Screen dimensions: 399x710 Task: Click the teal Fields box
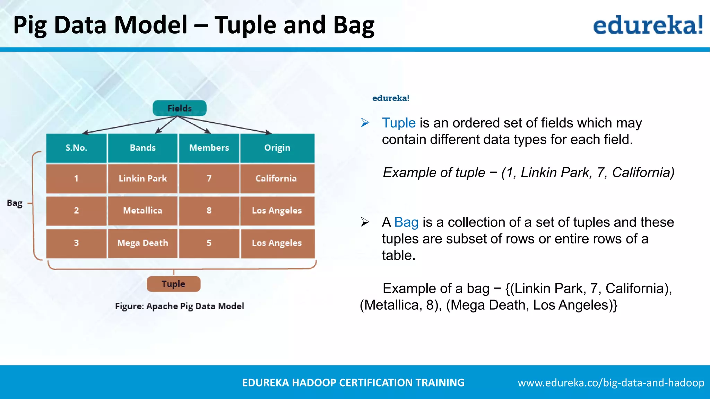pyautogui.click(x=180, y=108)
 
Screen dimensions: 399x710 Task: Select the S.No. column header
pyautogui.click(x=76, y=148)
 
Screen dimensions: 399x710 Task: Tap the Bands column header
pyautogui.click(x=142, y=148)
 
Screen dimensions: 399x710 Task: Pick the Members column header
pyautogui.click(x=209, y=148)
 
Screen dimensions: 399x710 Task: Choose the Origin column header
pyautogui.click(x=277, y=148)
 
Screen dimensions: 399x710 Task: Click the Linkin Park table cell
pyautogui.click(x=142, y=178)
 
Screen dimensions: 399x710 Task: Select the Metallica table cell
pyautogui.click(x=142, y=211)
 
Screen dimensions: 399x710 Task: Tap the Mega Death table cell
pyautogui.click(x=142, y=243)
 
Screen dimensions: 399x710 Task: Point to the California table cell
pyautogui.click(x=276, y=178)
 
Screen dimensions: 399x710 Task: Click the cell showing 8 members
pyautogui.click(x=209, y=211)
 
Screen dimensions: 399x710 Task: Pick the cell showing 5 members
pyautogui.click(x=209, y=243)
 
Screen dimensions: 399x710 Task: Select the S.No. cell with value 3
pyautogui.click(x=76, y=243)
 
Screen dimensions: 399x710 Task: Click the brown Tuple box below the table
pyautogui.click(x=173, y=284)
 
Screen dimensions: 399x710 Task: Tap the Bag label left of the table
pyautogui.click(x=15, y=203)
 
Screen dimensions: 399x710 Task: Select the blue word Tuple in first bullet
pyautogui.click(x=399, y=123)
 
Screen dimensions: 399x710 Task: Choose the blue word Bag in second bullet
pyautogui.click(x=406, y=222)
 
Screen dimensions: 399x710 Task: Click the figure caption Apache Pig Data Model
pyautogui.click(x=180, y=306)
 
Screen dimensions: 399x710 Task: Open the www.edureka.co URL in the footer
pyautogui.click(x=611, y=383)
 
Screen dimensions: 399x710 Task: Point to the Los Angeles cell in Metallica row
pyautogui.click(x=277, y=211)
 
